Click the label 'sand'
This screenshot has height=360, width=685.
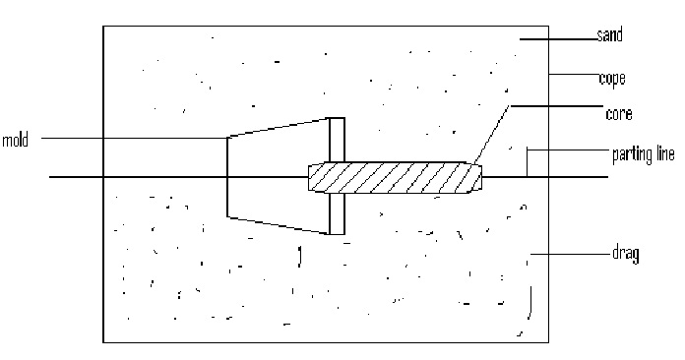610,36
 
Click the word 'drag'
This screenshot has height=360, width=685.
625,254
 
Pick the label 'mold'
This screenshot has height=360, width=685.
15,139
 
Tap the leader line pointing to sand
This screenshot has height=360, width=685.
557,39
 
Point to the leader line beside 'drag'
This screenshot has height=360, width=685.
571,255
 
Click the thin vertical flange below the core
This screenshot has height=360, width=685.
337,213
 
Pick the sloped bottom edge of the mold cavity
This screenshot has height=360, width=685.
279,224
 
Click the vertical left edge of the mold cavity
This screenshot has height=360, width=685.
228,177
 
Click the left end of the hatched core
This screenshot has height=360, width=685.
312,178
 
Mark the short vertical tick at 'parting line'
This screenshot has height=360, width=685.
528,162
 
